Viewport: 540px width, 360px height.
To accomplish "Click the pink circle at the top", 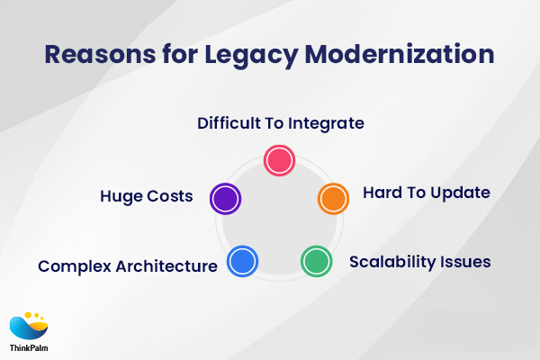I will [279, 160].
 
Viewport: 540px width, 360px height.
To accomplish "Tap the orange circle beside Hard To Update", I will [333, 198].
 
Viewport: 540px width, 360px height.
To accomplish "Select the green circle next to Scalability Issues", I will [315, 261].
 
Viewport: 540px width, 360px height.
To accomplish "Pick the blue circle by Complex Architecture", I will [243, 262].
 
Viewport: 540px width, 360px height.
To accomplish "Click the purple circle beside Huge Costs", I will [224, 198].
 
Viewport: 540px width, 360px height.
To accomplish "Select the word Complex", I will [73, 266].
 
